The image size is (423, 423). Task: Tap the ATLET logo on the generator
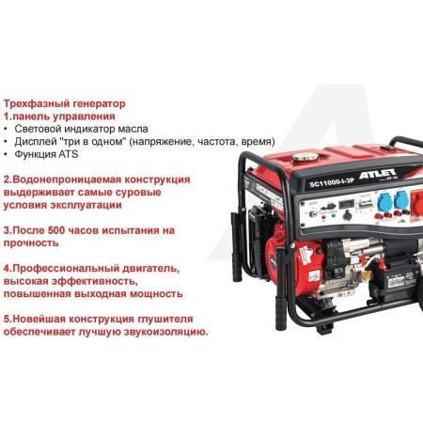[377, 174]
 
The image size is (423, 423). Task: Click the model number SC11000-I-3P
[332, 182]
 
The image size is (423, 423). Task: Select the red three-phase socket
[416, 204]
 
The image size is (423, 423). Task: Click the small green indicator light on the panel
[333, 215]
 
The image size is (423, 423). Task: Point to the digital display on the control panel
[346, 204]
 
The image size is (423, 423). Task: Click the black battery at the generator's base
[396, 281]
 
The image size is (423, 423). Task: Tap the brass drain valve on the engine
[365, 275]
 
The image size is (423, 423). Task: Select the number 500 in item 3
[56, 230]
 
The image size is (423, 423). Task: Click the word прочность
[31, 243]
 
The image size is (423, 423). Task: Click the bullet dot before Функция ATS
[6, 154]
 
